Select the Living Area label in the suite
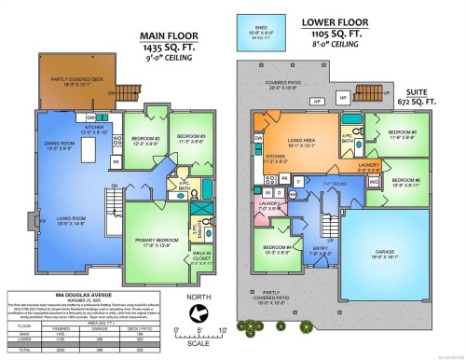pyautogui.click(x=305, y=143)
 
